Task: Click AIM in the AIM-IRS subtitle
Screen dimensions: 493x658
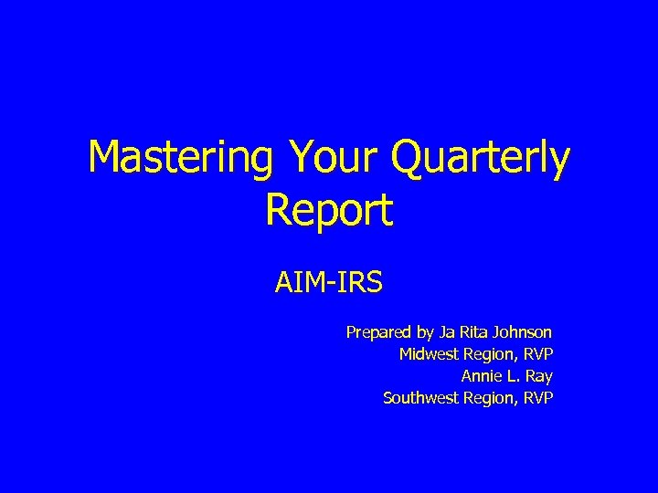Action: [298, 282]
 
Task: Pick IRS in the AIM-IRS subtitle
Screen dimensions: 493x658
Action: [356, 282]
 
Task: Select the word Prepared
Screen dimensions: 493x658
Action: [376, 332]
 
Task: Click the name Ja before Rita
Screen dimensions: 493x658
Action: [445, 332]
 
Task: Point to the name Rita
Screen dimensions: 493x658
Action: [473, 332]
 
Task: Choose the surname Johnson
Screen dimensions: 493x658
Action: [523, 332]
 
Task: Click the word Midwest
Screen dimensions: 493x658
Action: [430, 353]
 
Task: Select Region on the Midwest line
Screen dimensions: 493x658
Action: [492, 353]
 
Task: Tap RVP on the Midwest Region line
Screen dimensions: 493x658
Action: [539, 353]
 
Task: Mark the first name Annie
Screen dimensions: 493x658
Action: [480, 375]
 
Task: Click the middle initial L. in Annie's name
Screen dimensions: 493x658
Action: [513, 375]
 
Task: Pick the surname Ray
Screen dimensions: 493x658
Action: [540, 375]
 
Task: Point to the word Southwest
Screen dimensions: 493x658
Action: [420, 397]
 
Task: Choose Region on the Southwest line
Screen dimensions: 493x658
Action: [492, 397]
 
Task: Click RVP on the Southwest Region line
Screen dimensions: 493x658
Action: [539, 397]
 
